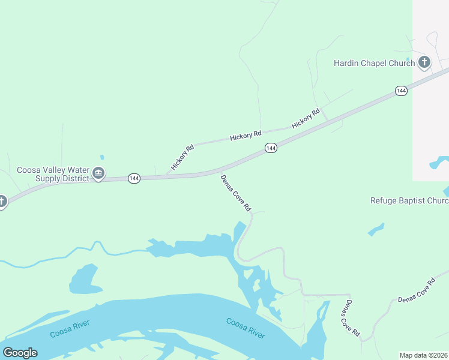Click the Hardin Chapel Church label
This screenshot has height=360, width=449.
[x=374, y=63]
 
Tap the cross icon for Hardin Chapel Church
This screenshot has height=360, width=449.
[x=424, y=62]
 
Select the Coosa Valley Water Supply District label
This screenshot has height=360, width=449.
[x=53, y=174]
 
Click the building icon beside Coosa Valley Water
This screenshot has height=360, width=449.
[x=99, y=174]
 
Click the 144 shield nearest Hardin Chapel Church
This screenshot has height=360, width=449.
[x=402, y=91]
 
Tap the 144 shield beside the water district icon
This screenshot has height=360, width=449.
[x=134, y=179]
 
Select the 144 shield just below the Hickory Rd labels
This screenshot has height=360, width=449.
[x=271, y=148]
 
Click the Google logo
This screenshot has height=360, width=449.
[x=20, y=353]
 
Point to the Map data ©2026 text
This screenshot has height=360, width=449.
[x=423, y=355]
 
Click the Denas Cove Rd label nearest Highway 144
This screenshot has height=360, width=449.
[x=235, y=193]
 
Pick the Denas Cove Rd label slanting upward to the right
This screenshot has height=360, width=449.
[x=415, y=290]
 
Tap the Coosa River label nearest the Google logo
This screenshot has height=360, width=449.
[x=70, y=329]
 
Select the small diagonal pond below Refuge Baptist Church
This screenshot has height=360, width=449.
[x=376, y=229]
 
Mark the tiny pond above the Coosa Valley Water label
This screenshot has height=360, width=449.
[x=101, y=158]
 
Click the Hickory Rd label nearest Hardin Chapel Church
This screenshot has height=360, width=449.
[x=306, y=118]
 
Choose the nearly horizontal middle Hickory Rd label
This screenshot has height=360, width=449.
[x=246, y=136]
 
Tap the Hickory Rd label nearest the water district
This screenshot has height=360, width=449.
[x=182, y=158]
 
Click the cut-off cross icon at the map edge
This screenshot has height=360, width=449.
[x=2, y=202]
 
